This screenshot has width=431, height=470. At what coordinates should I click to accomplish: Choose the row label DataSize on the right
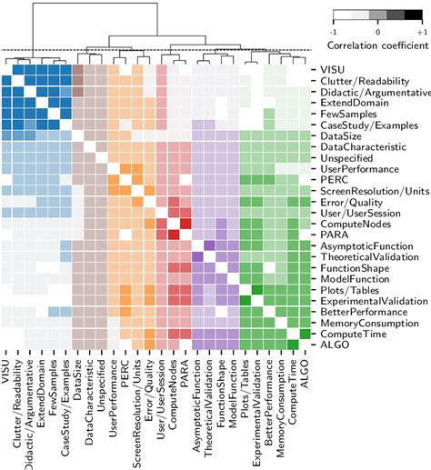tap(337, 135)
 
